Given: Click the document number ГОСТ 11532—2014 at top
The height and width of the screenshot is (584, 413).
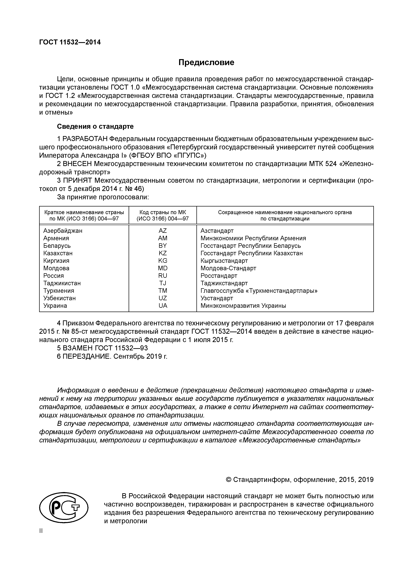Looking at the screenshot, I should click(70, 42).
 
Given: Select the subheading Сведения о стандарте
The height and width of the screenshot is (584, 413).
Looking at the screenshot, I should click(95, 126).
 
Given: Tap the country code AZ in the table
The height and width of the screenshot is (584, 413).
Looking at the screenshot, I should click(163, 231).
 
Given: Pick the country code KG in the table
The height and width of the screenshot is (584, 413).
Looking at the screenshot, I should click(163, 261).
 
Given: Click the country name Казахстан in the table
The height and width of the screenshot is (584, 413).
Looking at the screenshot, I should click(58, 253).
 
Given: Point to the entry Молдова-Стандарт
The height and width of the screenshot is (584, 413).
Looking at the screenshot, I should click(228, 268).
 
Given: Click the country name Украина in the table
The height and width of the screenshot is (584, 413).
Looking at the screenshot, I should click(55, 306).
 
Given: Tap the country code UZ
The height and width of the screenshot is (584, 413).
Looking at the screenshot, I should click(163, 298).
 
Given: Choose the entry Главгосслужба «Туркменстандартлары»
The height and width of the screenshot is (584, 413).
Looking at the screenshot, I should click(259, 291).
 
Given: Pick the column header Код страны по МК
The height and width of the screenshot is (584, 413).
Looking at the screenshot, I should click(163, 212).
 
